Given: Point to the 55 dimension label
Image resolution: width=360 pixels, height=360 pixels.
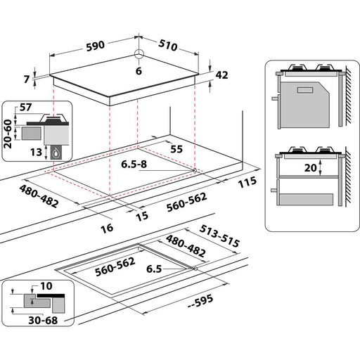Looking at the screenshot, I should (177, 150).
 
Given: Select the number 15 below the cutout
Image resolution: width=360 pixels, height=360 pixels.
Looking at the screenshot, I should (141, 217).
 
